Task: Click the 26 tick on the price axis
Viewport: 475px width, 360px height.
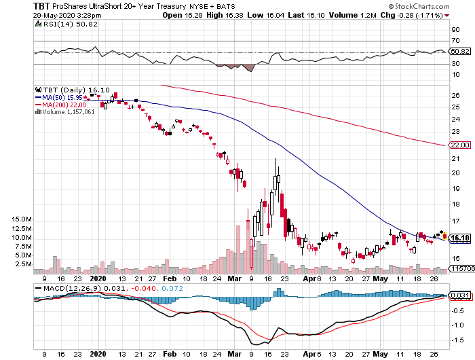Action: tap(455, 96)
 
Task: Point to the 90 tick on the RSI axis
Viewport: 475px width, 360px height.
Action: tap(455, 30)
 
